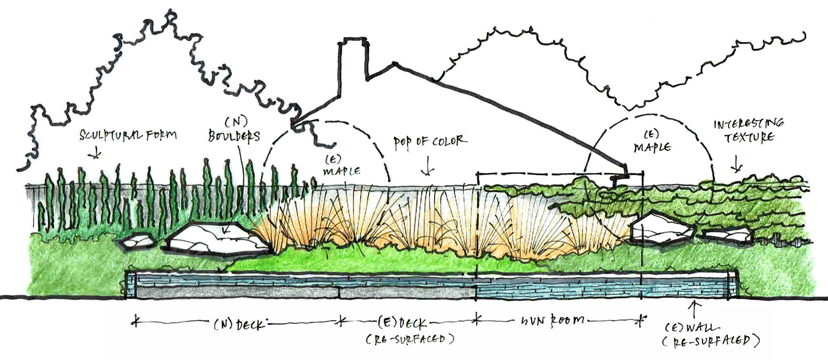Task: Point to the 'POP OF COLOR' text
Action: coord(431,142)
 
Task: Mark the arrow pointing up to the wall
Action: coord(694,308)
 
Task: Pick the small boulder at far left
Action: coord(137,241)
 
